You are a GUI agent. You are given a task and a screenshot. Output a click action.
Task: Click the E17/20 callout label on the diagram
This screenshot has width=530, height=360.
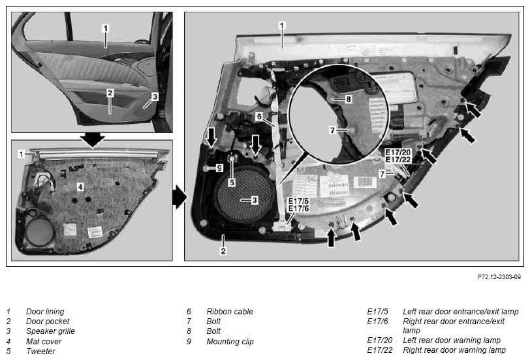398,153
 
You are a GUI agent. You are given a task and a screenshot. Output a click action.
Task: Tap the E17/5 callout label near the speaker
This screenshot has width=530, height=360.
298,201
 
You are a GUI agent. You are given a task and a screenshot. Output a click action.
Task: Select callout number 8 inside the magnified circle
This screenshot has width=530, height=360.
349,99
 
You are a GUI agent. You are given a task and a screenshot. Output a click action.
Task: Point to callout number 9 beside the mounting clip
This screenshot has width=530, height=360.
219,168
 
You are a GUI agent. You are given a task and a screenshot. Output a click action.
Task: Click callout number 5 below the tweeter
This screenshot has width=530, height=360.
232,183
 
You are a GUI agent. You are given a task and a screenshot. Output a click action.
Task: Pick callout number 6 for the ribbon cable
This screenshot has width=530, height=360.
259,117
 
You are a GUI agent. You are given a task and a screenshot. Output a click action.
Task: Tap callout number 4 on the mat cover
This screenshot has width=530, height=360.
80,187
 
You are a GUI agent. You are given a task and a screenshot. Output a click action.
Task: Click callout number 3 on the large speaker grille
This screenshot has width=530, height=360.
255,200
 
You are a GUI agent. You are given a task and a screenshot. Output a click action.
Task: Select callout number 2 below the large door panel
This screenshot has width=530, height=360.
223,251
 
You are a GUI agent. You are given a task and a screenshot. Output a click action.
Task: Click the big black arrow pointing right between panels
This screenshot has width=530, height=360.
179,197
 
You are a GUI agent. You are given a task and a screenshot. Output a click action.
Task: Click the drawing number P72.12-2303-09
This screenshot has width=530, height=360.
499,277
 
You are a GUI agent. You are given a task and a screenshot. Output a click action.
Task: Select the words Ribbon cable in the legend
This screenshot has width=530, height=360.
230,311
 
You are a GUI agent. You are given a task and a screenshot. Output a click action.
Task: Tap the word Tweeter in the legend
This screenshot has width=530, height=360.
40,352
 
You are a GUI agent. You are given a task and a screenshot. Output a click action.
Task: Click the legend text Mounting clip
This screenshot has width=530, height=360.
230,342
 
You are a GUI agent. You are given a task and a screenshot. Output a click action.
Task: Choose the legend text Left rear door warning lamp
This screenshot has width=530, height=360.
452,340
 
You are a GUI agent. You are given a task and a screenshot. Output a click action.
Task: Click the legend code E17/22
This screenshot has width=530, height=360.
380,350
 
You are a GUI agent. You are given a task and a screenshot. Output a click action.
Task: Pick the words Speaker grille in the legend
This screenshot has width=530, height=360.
50,331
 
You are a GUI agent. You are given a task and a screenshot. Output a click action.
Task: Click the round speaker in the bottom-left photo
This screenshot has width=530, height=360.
40,232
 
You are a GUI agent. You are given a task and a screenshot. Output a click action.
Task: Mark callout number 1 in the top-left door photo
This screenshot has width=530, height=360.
106,28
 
